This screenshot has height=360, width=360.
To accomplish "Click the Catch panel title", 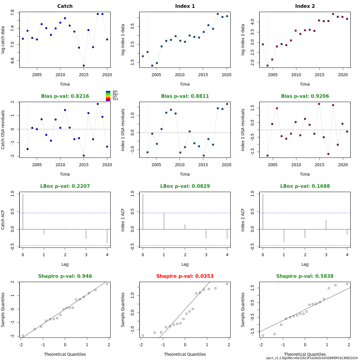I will (x=65, y=6).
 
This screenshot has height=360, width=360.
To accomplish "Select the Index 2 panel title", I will (x=305, y=6).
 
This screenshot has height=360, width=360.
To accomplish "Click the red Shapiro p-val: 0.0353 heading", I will (x=185, y=276).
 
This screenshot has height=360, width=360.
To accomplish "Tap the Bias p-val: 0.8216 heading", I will (x=65, y=96).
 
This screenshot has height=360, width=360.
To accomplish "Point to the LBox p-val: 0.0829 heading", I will (x=185, y=186).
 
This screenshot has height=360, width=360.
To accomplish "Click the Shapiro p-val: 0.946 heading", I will (x=65, y=276).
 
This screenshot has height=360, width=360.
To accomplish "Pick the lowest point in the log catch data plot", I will (x=84, y=65).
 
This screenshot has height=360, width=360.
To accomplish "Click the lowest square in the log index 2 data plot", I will (x=268, y=66).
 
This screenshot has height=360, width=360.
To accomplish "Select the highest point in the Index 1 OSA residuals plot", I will (x=227, y=104).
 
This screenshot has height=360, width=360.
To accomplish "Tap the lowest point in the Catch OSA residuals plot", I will (x=84, y=155).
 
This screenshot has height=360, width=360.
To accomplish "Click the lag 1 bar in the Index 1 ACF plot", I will (x=164, y=221).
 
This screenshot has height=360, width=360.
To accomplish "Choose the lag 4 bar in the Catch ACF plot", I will (x=107, y=236).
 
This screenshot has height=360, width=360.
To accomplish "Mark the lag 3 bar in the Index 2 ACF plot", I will (x=326, y=225).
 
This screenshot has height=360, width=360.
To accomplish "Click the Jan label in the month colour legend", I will (x=115, y=91).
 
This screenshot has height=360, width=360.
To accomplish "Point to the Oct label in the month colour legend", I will (x=115, y=99).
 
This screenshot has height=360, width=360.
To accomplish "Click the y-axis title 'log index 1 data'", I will (x=123, y=40).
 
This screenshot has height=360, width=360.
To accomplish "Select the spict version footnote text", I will (x=312, y=358).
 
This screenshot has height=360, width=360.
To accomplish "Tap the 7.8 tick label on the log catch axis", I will (x=12, y=13).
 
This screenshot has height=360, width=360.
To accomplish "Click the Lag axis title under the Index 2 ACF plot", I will (x=305, y=264).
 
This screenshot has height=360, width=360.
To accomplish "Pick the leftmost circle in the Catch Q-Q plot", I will (x=23, y=335).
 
